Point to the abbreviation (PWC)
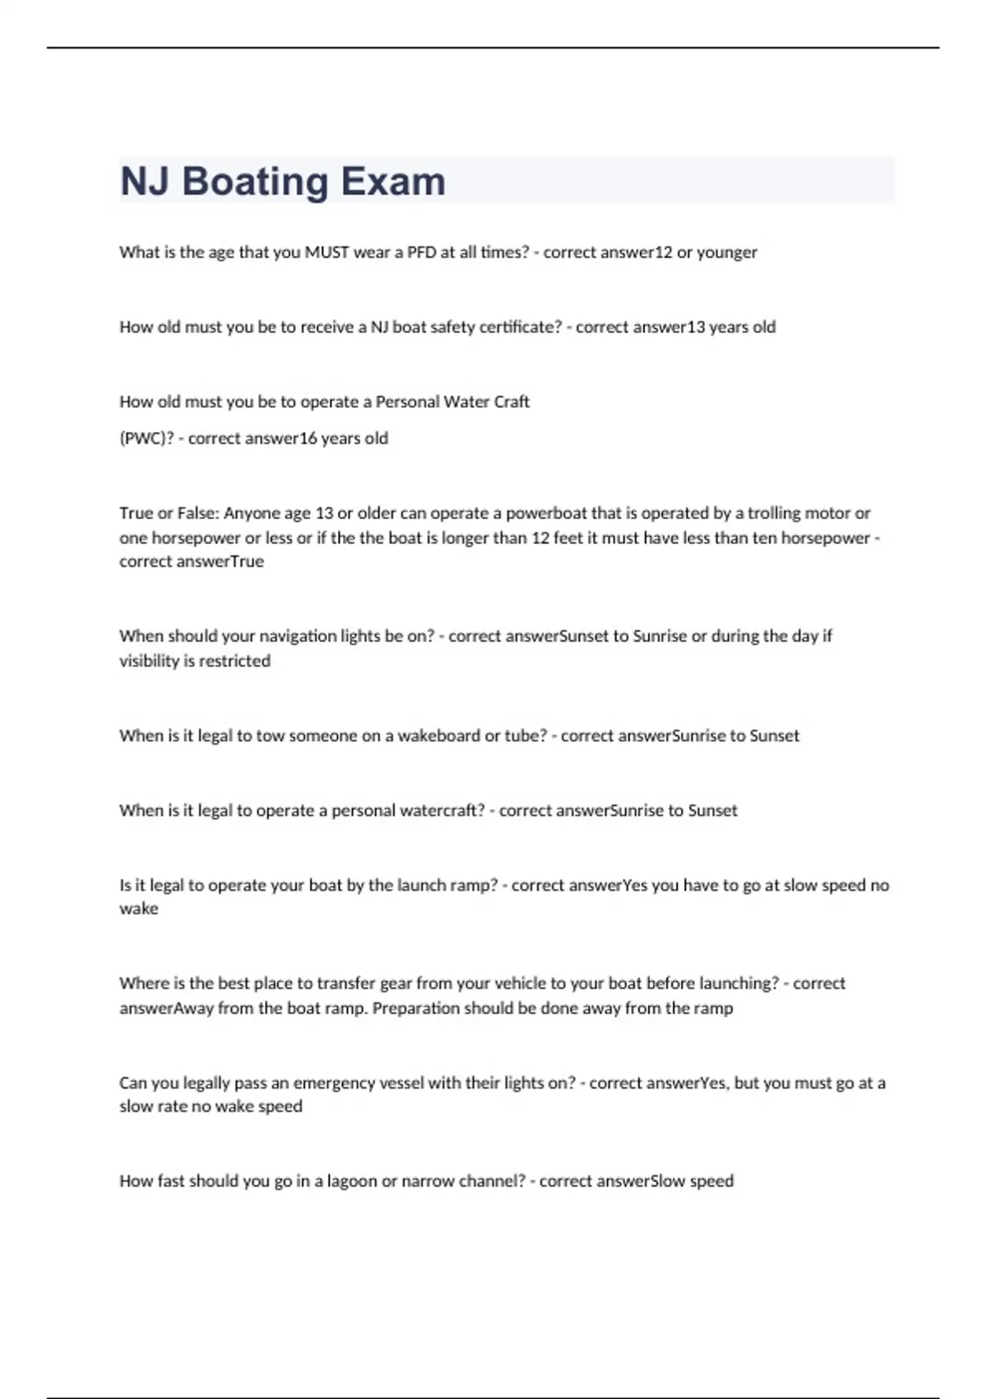(x=146, y=439)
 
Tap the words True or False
(x=169, y=514)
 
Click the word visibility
(x=149, y=661)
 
